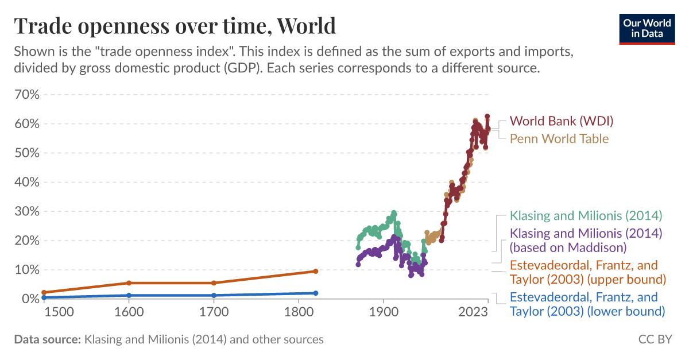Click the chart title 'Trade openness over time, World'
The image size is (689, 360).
pyautogui.click(x=175, y=26)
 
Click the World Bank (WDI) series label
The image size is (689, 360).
pyautogui.click(x=562, y=121)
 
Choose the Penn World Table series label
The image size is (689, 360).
pyautogui.click(x=559, y=138)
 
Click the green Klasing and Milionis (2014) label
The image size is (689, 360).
pyautogui.click(x=586, y=216)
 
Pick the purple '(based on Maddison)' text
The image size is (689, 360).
pyautogui.click(x=567, y=247)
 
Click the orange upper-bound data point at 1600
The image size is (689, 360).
pyautogui.click(x=129, y=283)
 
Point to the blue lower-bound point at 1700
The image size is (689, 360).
pyautogui.click(x=214, y=295)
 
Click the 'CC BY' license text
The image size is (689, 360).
pyautogui.click(x=655, y=339)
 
